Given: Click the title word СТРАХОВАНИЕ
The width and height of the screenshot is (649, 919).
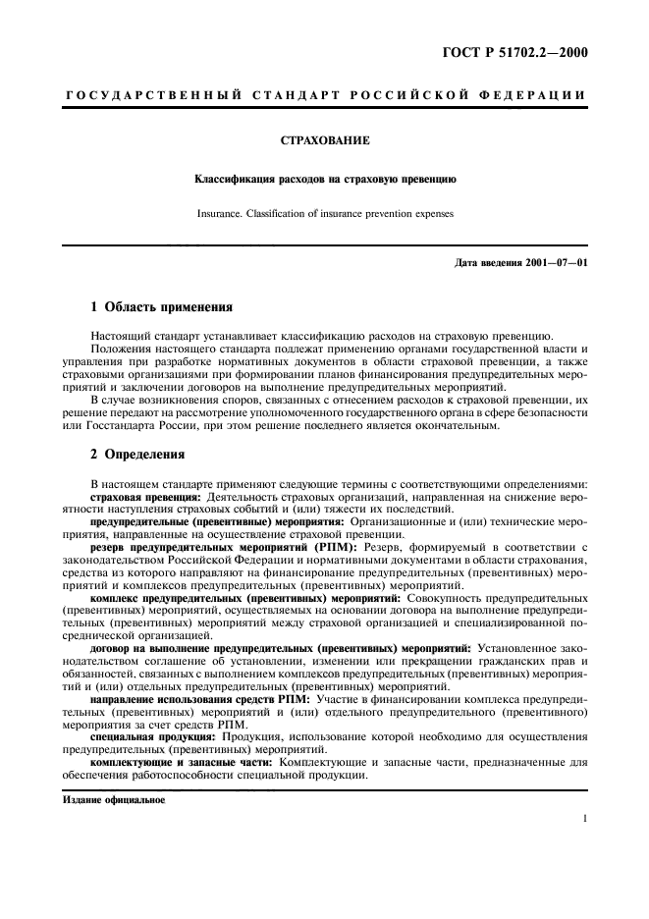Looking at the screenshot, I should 324,141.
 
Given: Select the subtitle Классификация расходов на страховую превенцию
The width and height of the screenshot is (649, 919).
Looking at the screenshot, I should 324,181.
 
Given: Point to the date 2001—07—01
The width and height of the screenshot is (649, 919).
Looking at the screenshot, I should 554,264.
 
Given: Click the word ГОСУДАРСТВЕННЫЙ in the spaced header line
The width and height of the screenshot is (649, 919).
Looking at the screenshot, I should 148,94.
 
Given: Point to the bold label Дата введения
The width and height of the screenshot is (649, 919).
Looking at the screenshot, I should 487,264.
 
